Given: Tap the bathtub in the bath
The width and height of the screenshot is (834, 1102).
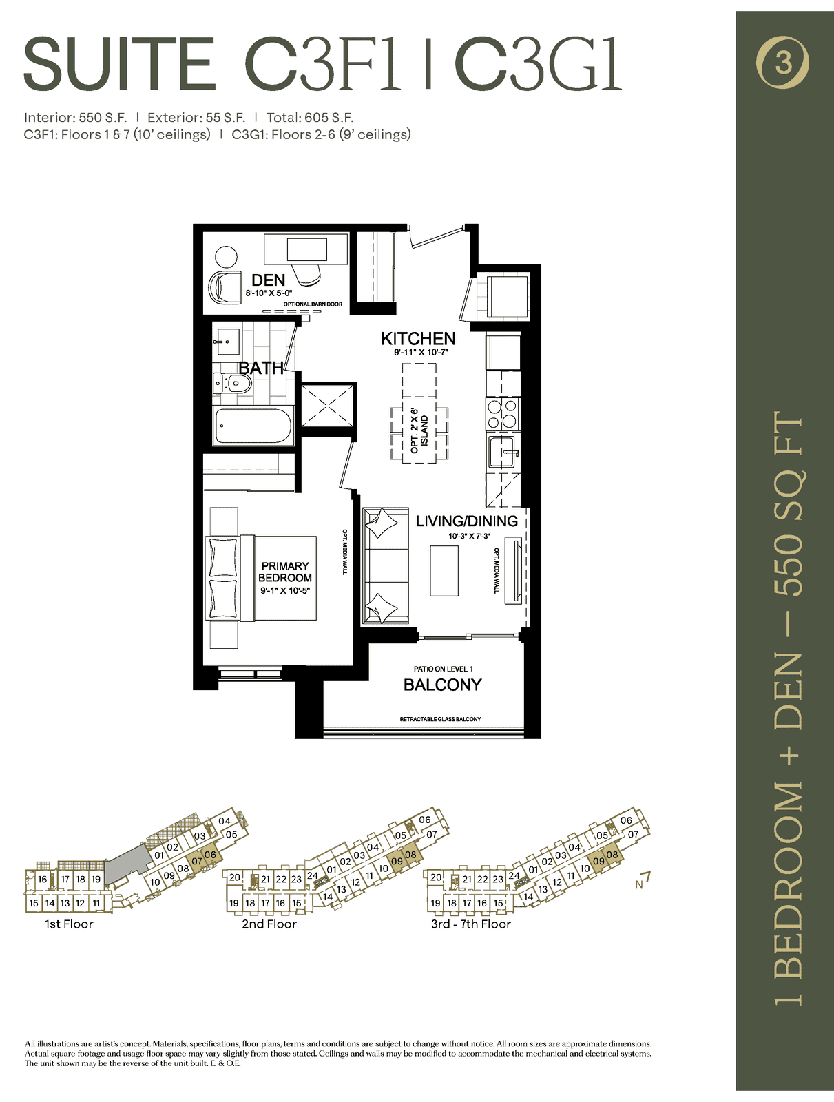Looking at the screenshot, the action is [253, 426].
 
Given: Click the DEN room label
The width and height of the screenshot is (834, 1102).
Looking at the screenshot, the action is [269, 280].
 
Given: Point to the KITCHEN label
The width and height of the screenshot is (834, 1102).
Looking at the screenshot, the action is [418, 339].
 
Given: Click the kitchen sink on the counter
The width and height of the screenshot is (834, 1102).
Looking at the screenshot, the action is [502, 448].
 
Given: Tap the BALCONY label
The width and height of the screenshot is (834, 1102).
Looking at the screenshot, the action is [442, 685].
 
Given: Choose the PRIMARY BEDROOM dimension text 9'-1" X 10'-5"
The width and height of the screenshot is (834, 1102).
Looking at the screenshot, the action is [285, 591].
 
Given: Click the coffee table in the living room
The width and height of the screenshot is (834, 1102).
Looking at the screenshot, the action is [444, 570].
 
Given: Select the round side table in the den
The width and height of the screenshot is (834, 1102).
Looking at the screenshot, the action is [226, 256].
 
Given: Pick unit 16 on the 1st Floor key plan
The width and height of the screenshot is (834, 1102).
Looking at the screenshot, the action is [42, 879].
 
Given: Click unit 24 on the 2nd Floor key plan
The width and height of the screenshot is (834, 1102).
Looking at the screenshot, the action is [313, 875].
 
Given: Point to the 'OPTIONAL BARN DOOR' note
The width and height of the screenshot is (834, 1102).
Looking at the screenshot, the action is [313, 304].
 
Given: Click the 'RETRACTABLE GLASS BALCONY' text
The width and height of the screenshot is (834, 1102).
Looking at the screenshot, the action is [440, 720].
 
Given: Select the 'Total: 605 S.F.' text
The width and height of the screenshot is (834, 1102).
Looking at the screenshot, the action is [310, 118].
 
